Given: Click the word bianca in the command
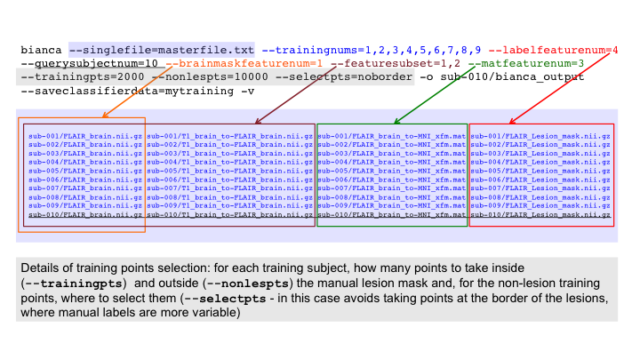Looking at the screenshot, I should pyautogui.click(x=42, y=50).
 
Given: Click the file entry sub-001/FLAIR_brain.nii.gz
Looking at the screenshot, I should pyautogui.click(x=84, y=135).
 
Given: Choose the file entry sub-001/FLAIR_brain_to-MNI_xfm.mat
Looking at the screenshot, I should pyautogui.click(x=391, y=135).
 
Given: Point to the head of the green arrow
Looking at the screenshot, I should pyautogui.click(x=395, y=122).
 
